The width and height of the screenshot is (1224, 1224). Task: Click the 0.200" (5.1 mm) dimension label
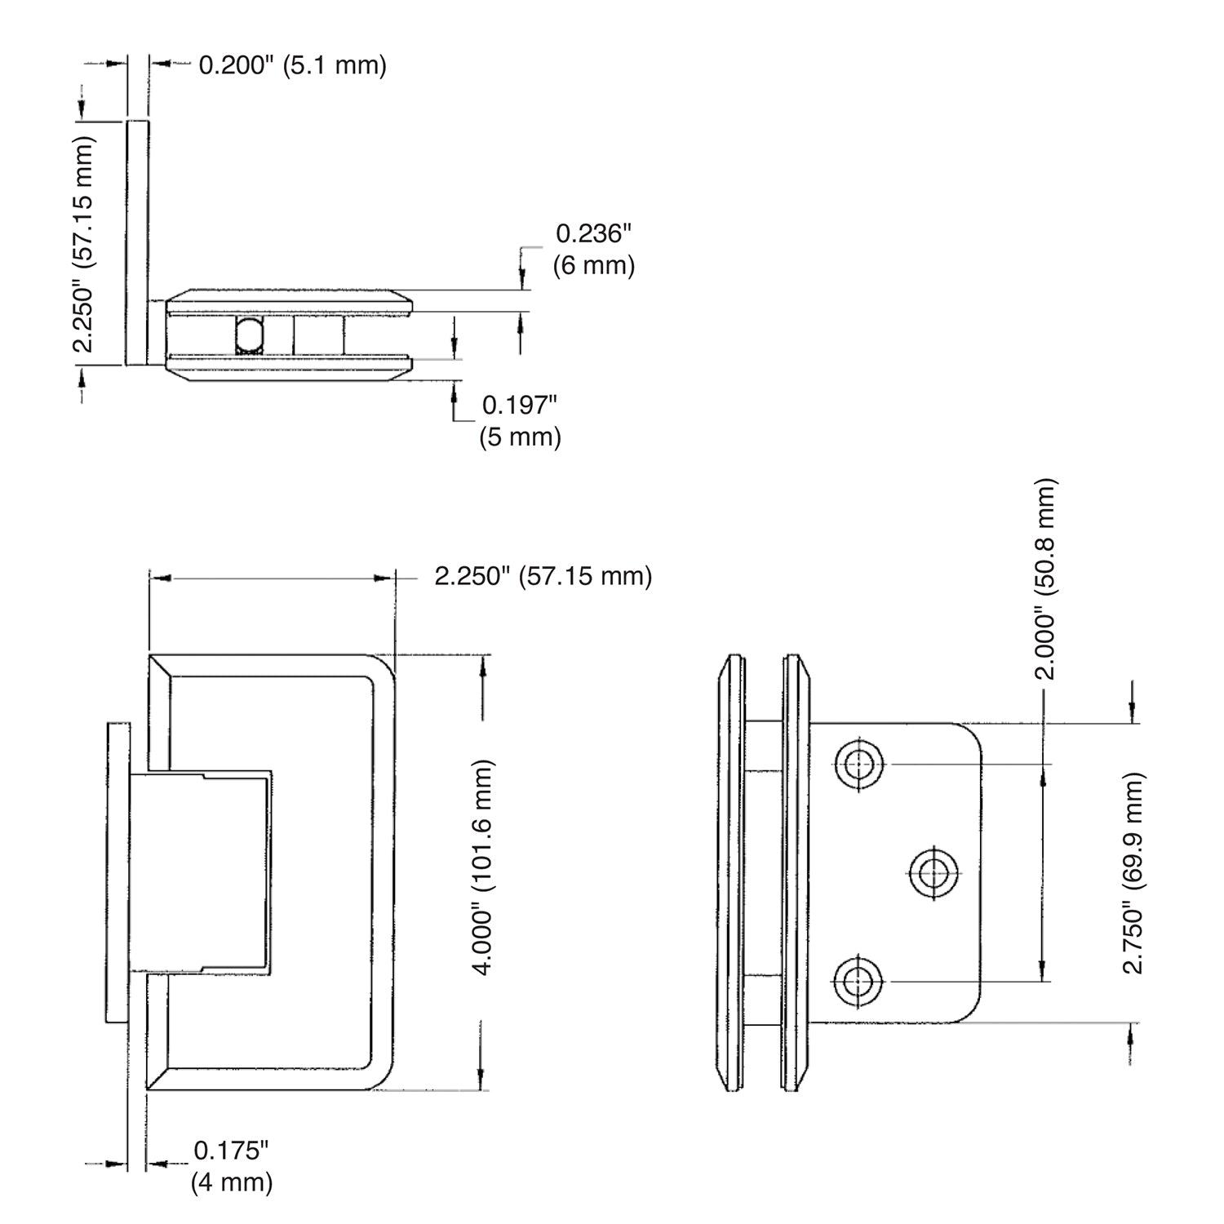(x=293, y=64)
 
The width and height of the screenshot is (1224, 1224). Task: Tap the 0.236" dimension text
(x=594, y=234)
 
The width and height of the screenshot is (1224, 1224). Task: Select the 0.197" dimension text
(x=520, y=405)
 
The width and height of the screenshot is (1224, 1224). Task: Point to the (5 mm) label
(x=521, y=437)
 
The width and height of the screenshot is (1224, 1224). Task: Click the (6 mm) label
(x=594, y=265)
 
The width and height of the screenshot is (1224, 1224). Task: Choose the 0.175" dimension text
(x=231, y=1151)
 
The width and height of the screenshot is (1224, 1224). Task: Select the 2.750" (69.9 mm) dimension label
(x=1133, y=873)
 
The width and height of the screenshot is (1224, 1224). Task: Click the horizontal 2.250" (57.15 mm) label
(x=543, y=576)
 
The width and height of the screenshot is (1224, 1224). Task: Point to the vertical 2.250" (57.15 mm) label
(x=85, y=242)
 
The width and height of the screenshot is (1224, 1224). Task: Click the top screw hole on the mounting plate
(x=858, y=765)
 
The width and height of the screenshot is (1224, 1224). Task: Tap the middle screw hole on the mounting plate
(x=930, y=873)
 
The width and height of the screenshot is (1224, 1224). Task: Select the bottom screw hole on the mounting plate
(x=858, y=980)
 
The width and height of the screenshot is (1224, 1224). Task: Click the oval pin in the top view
(x=250, y=335)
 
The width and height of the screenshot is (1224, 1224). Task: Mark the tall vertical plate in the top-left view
(x=137, y=242)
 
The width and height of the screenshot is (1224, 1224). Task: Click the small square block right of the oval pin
(x=318, y=335)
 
